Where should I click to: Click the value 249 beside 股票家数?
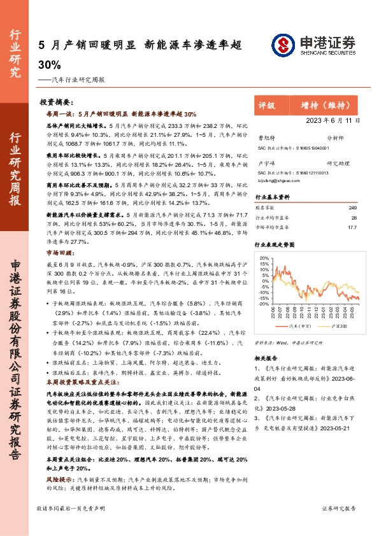[x=353, y=208]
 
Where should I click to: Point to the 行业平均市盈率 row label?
[x=272, y=217]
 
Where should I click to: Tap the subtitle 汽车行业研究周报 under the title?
[x=74, y=81]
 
